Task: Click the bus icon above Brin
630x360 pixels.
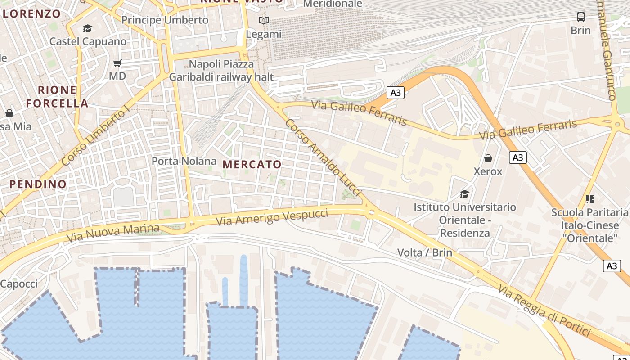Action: (x=581, y=17)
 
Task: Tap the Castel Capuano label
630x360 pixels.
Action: (x=88, y=41)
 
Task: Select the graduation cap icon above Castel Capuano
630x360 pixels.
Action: (x=87, y=29)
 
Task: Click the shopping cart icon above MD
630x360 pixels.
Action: (x=117, y=63)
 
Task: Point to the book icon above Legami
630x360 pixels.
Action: (x=264, y=20)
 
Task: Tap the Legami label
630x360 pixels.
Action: (x=264, y=34)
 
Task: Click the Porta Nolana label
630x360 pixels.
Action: (x=184, y=161)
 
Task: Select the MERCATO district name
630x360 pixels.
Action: (x=252, y=164)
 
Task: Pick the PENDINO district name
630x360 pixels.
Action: (x=38, y=184)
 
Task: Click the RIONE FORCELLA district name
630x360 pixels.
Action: (x=57, y=96)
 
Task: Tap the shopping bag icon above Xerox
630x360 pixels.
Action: (x=488, y=158)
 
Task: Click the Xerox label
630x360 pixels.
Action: (x=488, y=171)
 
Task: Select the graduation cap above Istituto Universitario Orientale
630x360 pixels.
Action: (x=464, y=194)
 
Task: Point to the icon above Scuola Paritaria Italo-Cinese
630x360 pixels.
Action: (x=589, y=199)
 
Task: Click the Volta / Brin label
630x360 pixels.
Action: (x=424, y=252)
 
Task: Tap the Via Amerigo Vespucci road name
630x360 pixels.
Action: (x=272, y=217)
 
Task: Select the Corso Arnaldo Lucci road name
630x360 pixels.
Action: (x=323, y=157)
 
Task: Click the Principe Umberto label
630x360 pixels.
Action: (x=165, y=20)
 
